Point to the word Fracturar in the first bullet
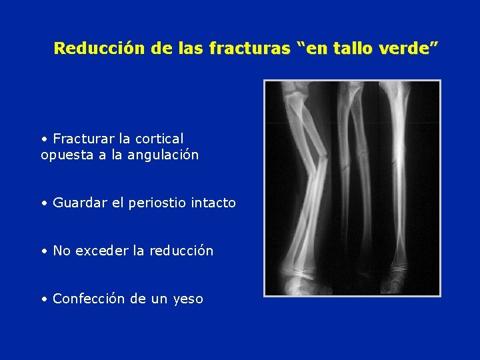point(83,139)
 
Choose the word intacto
point(212,203)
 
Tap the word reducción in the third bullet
point(181,251)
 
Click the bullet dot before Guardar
point(43,203)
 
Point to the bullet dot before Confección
point(43,299)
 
